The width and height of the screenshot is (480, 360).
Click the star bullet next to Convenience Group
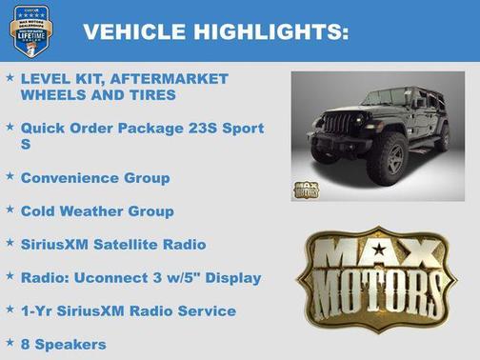tap(10, 176)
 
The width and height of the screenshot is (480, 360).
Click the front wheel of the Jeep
tap(392, 159)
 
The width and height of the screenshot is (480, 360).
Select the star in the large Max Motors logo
tap(383, 251)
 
